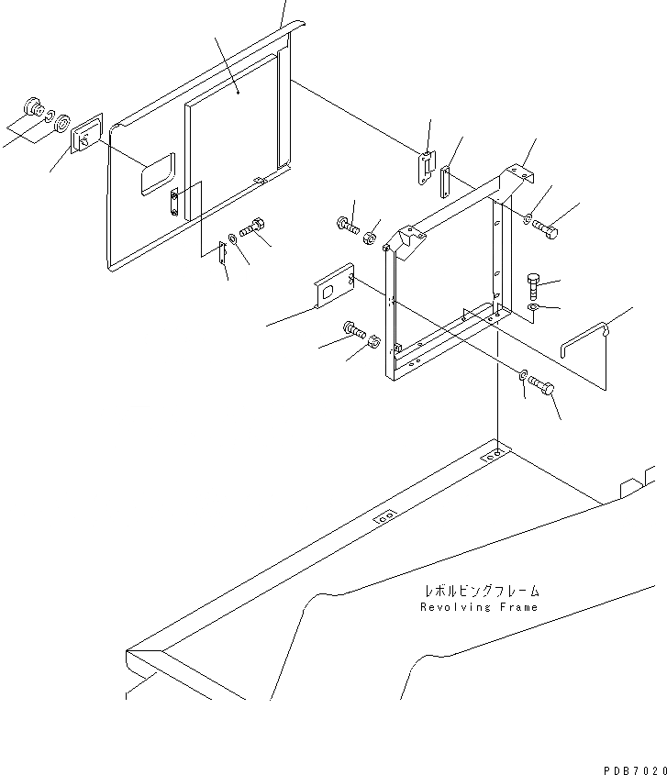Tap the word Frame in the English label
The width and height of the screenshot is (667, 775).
pos(517,607)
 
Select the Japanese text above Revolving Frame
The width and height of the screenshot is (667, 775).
pos(481,592)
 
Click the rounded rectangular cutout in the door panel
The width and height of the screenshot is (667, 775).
pos(156,173)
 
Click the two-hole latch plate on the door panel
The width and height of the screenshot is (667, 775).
pos(174,201)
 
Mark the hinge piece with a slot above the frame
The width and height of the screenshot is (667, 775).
pos(428,168)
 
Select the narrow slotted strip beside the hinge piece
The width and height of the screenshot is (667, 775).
pos(445,183)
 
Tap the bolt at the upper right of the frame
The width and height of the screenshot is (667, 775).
pos(544,227)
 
